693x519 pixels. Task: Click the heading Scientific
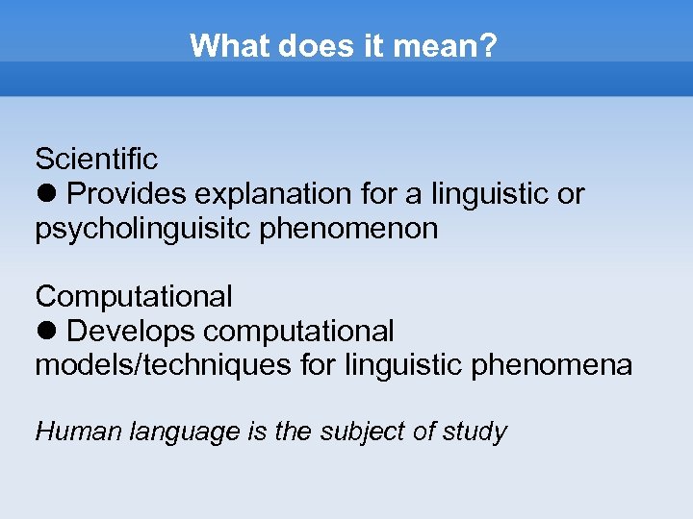click(96, 158)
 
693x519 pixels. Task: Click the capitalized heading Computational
click(134, 296)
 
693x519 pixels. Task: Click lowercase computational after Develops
click(299, 332)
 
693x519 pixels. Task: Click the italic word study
click(475, 432)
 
